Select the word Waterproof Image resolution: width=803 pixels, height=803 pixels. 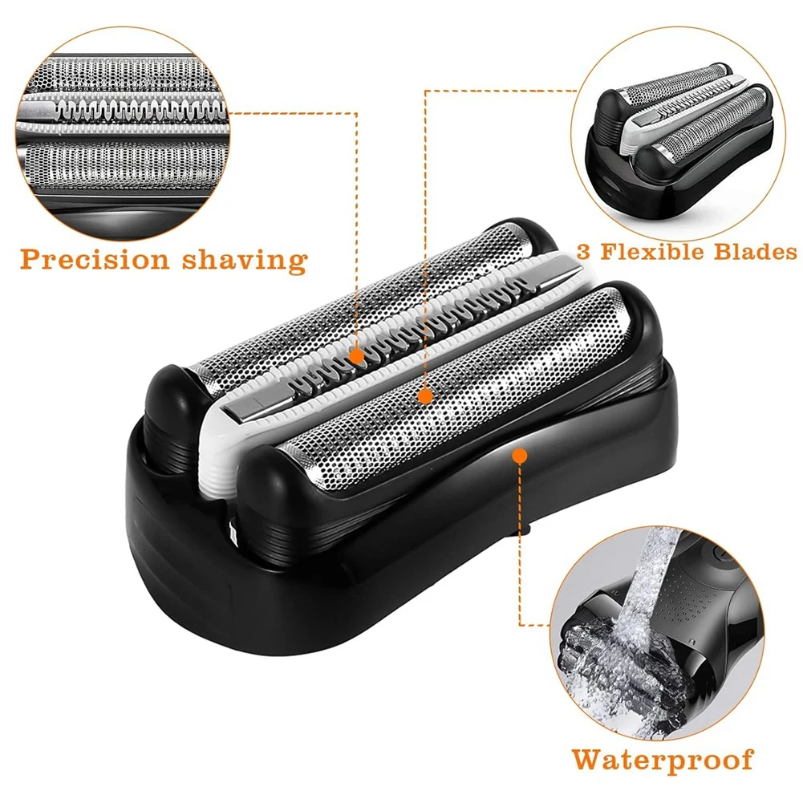coord(663,758)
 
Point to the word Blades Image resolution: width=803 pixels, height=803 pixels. coord(756,252)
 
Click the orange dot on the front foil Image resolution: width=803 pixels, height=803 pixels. coord(425,395)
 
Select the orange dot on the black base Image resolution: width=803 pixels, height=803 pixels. coord(519,456)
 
